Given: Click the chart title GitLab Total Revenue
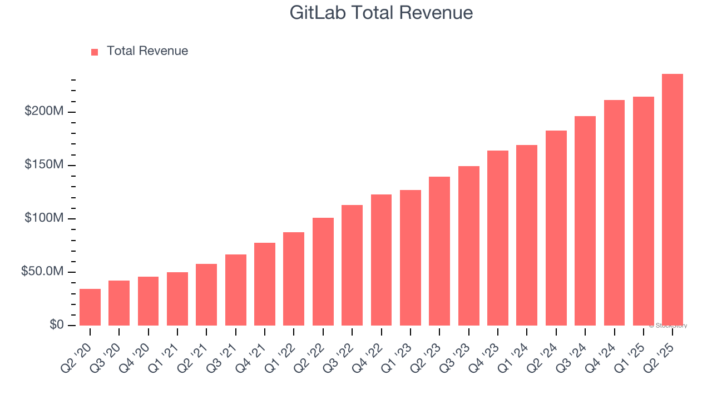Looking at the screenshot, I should [381, 13].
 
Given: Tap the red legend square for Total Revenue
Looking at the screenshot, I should [95, 52].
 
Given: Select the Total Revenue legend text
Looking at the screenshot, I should [147, 51].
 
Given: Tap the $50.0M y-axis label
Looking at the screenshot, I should [42, 272].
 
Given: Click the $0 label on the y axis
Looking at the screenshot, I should [56, 325].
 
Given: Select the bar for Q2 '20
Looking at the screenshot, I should [90, 307].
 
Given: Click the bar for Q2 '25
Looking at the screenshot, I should [673, 200].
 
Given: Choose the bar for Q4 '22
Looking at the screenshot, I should [381, 260].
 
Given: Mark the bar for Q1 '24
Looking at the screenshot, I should [527, 236].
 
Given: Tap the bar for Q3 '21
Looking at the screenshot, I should [236, 290].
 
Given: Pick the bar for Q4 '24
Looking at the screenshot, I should [614, 213].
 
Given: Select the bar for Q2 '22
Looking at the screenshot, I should [323, 272].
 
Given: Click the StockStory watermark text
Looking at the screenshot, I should [668, 326].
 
